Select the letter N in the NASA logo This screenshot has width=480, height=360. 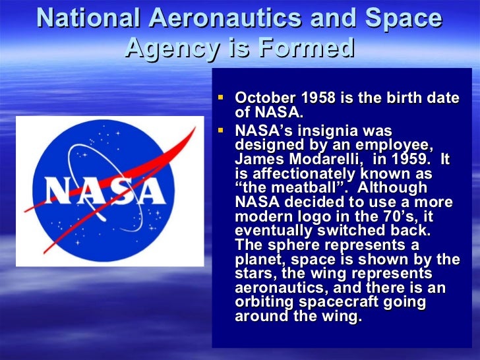pyautogui.click(x=61, y=192)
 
